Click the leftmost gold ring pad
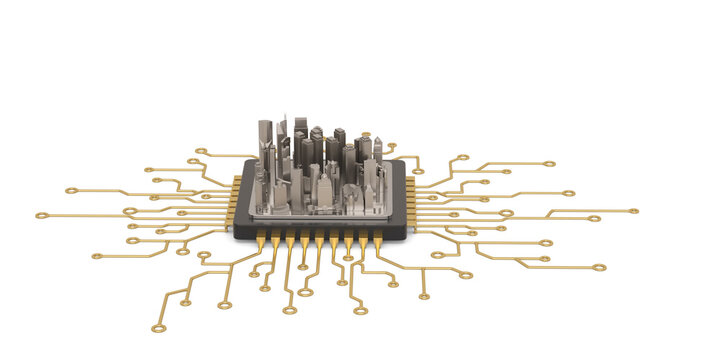pyautogui.click(x=41, y=215)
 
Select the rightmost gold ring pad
pyautogui.click(x=634, y=211)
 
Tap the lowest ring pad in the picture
pyautogui.click(x=157, y=328)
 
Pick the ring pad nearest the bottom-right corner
pyautogui.click(x=599, y=267)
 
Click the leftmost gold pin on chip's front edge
pyautogui.click(x=261, y=241)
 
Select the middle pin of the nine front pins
pyautogui.click(x=319, y=242)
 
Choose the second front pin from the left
pyautogui.click(x=275, y=241)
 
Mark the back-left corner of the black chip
pyautogui.click(x=252, y=160)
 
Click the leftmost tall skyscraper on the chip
pyautogui.click(x=265, y=140)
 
